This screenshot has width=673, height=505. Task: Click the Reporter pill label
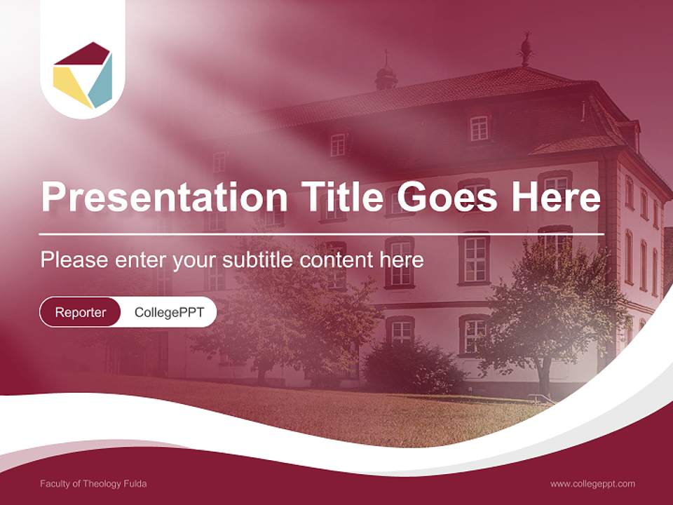click(81, 312)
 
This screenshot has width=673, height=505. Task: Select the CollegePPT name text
click(169, 312)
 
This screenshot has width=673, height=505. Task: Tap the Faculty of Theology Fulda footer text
click(93, 483)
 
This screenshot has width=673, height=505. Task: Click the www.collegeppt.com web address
click(592, 483)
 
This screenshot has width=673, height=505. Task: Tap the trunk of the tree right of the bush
click(543, 379)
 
